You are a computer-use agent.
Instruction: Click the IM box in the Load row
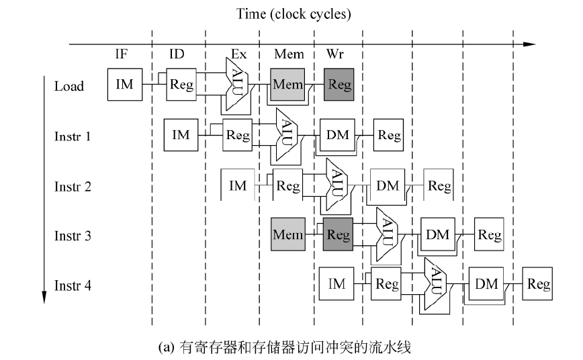125,85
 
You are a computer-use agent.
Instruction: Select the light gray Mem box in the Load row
287,85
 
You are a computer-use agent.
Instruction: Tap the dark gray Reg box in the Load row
338,85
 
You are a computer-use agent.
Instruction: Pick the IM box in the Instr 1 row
181,135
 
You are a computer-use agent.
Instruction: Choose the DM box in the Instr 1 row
338,135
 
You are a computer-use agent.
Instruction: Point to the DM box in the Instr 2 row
388,185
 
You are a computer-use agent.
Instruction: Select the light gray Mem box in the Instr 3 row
287,235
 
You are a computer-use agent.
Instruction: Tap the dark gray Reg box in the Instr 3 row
338,235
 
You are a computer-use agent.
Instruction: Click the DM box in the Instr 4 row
486,285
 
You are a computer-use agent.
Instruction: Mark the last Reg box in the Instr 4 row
539,285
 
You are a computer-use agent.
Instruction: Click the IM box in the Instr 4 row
337,285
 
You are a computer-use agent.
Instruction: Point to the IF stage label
122,55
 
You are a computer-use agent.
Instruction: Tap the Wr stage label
334,55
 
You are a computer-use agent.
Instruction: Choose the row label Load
69,86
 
